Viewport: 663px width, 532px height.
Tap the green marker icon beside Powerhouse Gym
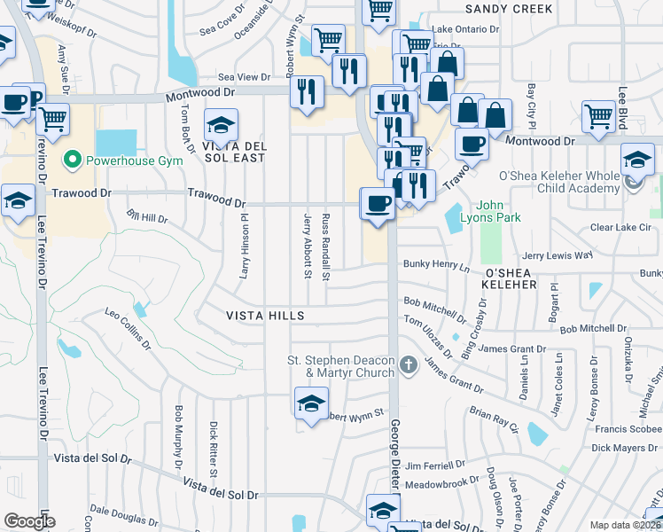pos(72,160)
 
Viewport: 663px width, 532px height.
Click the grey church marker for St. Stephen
pos(408,364)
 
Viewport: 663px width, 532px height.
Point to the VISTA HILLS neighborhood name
pos(265,316)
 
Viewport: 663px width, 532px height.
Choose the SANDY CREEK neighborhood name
pos(509,9)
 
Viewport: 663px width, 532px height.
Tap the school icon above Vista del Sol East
pos(221,123)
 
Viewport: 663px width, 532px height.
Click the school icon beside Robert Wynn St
pos(309,403)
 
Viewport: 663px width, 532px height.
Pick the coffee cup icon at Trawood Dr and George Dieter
pos(377,203)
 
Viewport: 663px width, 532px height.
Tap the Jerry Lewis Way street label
pos(557,254)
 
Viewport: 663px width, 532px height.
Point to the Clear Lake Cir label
pos(620,227)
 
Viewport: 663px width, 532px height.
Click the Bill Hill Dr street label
pos(147,216)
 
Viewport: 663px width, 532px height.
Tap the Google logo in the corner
pos(29,521)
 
